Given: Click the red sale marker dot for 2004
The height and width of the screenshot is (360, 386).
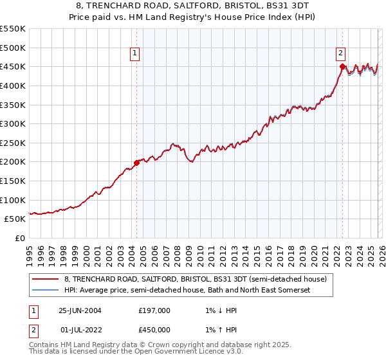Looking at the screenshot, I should coord(136,163).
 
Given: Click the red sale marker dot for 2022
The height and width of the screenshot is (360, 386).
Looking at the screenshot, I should coord(342,66).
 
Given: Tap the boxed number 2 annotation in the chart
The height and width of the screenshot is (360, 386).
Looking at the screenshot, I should coord(340,54).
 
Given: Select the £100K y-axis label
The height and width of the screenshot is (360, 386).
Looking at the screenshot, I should coord(13,200).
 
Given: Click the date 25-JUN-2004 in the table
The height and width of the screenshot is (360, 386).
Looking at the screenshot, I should coord(80,310).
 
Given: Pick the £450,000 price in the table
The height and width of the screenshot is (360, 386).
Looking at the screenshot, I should coord(154,330).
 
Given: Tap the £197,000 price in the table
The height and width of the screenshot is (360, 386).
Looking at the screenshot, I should coord(154,310).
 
